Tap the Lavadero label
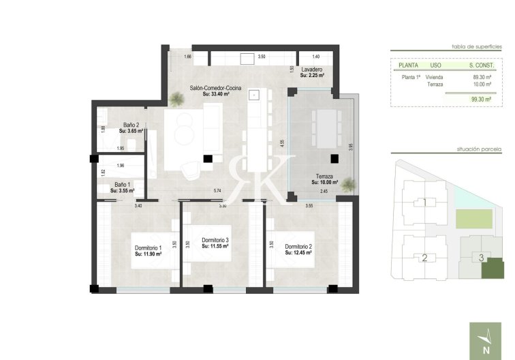(x=311, y=70)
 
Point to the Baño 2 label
(x=131, y=125)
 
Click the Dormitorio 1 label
(x=148, y=247)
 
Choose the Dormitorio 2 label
(x=298, y=247)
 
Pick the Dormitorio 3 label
(x=215, y=240)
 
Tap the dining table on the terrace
(x=326, y=127)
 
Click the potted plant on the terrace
(x=349, y=183)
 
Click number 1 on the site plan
(x=424, y=202)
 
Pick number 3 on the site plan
(x=481, y=257)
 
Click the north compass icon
(x=484, y=339)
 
